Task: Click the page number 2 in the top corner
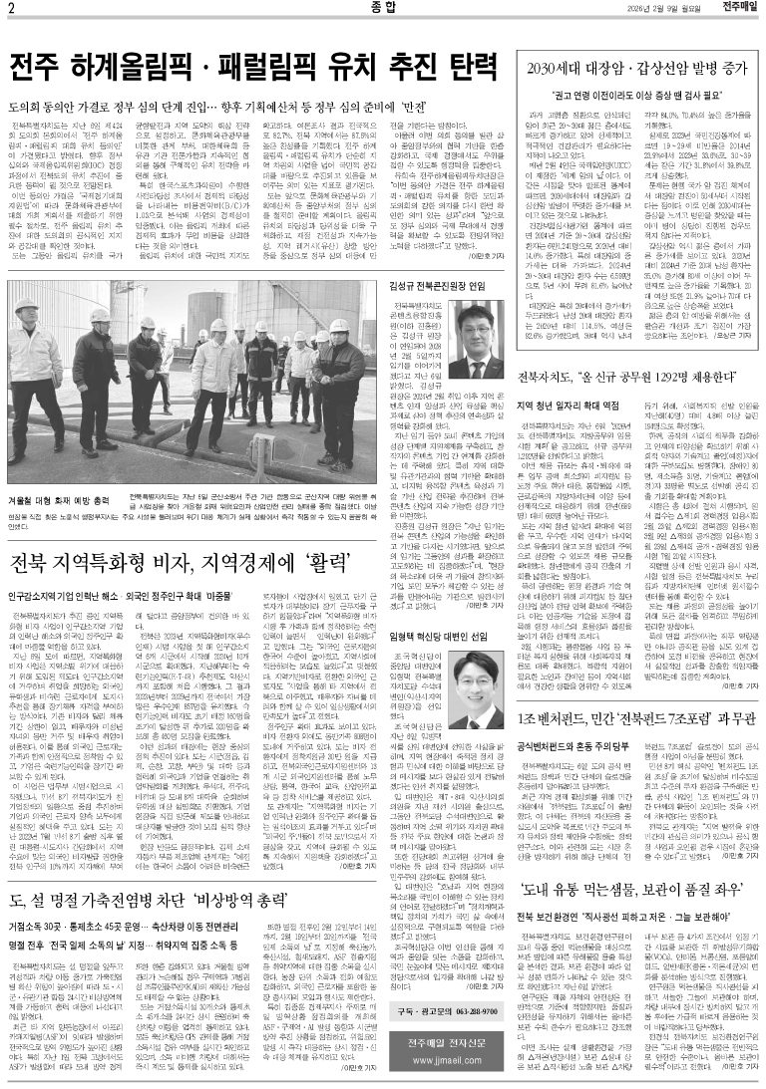click(x=11, y=10)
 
